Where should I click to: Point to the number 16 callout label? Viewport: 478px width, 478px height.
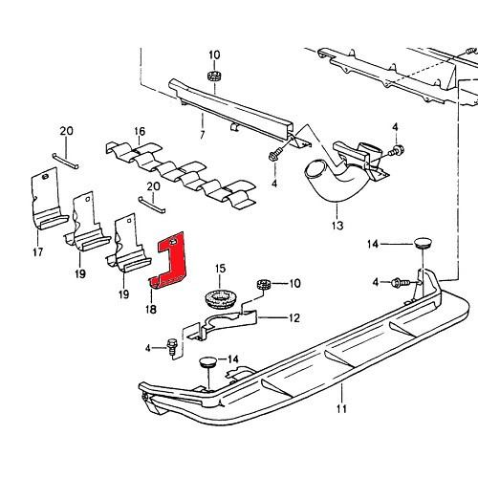pyautogui.click(x=140, y=131)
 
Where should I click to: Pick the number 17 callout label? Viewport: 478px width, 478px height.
pyautogui.click(x=37, y=252)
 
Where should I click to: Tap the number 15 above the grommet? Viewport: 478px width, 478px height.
pyautogui.click(x=219, y=269)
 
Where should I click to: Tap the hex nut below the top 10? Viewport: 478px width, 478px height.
pyautogui.click(x=214, y=75)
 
